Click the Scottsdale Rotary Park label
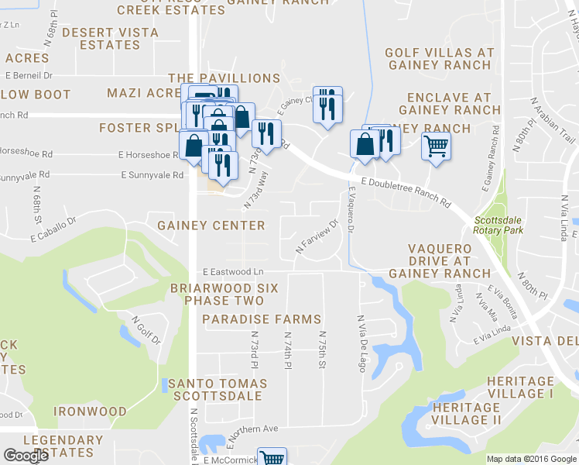tap(498, 225)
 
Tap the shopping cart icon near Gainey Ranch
tap(437, 145)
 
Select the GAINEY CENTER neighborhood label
tap(211, 226)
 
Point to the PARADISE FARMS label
tap(262, 319)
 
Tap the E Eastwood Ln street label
tap(233, 272)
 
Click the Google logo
tap(26, 456)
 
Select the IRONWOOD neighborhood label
tap(90, 412)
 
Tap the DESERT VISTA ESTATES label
tap(111, 39)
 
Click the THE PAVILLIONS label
tap(224, 78)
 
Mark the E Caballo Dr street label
tap(54, 229)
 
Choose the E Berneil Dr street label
tap(29, 76)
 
